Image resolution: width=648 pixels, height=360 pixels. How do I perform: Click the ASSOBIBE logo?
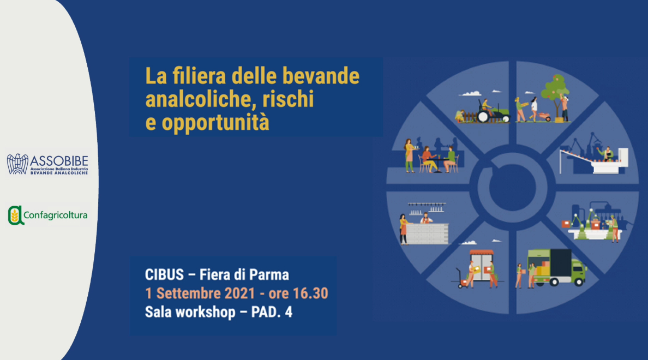click(x=47, y=165)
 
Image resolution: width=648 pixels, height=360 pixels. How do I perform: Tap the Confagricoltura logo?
click(x=47, y=215)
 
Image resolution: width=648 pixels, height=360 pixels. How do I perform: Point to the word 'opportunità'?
click(x=215, y=123)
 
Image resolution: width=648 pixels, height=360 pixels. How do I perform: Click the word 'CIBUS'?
click(x=164, y=274)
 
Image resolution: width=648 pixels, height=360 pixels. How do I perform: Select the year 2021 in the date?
click(x=239, y=293)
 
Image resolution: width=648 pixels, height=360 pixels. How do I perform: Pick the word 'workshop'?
click(x=207, y=312)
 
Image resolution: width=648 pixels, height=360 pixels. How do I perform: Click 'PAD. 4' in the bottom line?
click(x=272, y=312)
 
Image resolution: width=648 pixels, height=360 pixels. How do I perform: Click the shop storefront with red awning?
click(x=482, y=265)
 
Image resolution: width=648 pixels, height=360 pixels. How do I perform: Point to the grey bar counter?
click(x=428, y=233)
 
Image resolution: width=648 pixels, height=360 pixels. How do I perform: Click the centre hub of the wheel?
click(x=512, y=188)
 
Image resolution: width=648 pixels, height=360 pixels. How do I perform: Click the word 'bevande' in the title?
click(x=321, y=76)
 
